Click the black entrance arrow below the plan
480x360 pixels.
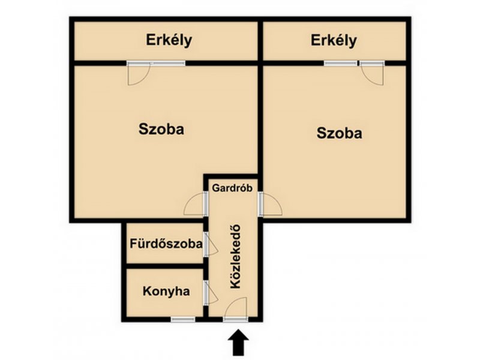[238, 343]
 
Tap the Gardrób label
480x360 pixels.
[232, 188]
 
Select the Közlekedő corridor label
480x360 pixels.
[235, 257]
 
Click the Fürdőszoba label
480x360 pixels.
[166, 244]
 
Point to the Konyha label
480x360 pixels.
[166, 291]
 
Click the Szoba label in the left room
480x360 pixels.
[161, 129]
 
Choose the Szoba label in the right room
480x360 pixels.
[339, 133]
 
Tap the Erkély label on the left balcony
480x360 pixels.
[169, 40]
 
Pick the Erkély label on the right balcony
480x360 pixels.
[334, 40]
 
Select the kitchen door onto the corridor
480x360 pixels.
[211, 293]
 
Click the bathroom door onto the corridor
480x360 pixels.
[211, 244]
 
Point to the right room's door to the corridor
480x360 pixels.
[270, 204]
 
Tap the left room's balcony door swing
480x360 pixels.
[139, 73]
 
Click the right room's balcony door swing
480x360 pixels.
[372, 73]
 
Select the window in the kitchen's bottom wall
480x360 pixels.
[183, 319]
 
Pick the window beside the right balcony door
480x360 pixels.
[341, 64]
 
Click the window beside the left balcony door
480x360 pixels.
[168, 64]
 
